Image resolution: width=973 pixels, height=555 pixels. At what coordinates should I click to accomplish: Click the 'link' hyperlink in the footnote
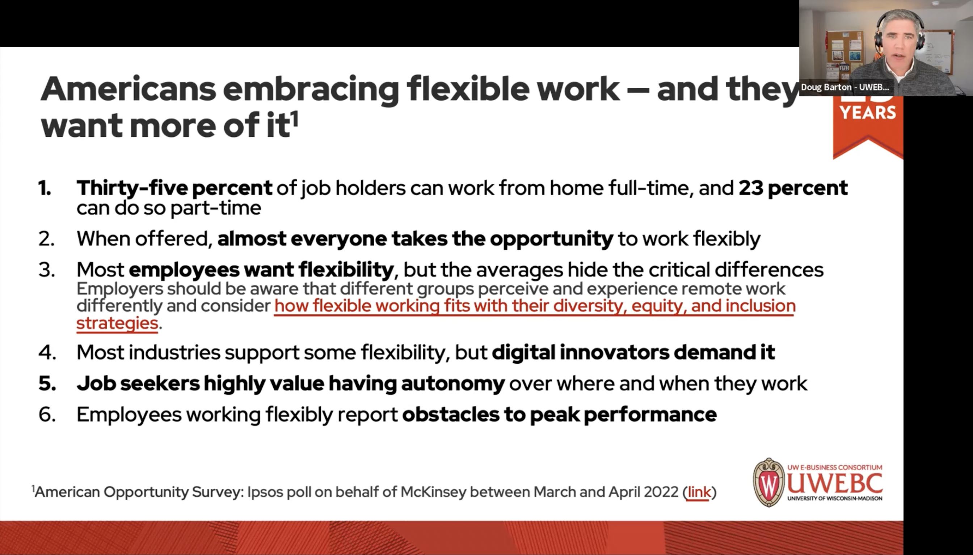(699, 492)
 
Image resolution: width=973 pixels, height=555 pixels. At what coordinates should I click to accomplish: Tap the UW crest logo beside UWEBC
(768, 483)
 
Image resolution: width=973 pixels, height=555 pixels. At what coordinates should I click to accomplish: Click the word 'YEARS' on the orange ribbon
(868, 113)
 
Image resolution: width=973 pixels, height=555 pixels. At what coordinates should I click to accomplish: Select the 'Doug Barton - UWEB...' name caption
(844, 87)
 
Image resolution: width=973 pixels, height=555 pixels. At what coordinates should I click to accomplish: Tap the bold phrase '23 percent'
(793, 187)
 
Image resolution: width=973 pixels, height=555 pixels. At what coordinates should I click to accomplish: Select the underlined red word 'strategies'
(117, 323)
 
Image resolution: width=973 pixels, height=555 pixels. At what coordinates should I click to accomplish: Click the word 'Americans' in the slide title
(128, 89)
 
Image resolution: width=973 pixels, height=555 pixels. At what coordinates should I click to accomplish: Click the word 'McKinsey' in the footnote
(433, 492)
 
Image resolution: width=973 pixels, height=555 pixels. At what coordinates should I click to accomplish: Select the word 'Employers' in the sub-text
(120, 289)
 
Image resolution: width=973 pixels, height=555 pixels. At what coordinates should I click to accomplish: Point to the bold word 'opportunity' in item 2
(551, 239)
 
